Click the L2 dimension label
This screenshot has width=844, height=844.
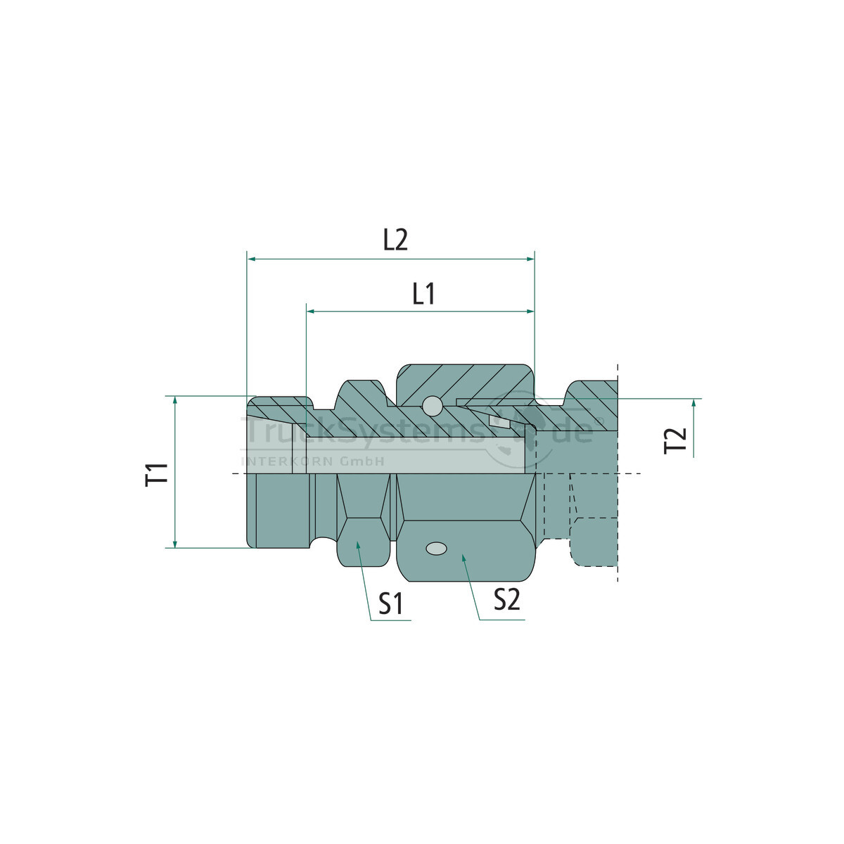tap(395, 241)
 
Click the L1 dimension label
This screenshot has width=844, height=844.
tap(423, 293)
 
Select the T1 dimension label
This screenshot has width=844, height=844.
tap(158, 473)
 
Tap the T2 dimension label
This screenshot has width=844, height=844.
tap(676, 440)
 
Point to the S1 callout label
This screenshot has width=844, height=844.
tap(391, 603)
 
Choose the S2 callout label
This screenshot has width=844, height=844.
tap(506, 600)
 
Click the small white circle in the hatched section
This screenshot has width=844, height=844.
tap(432, 406)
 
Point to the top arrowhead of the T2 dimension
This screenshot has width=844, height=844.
tap(693, 403)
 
